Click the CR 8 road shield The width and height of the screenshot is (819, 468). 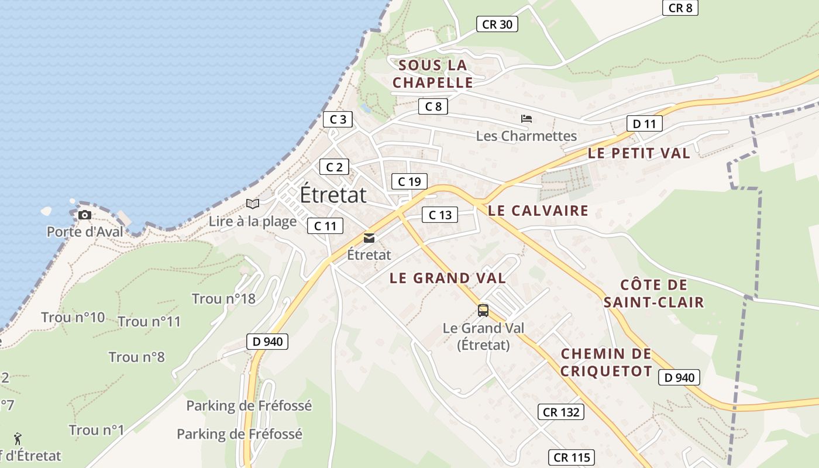[x=680, y=8]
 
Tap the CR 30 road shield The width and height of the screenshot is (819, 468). [x=497, y=24]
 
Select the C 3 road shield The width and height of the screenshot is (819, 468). [x=338, y=119]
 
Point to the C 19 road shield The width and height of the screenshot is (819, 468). [x=409, y=181]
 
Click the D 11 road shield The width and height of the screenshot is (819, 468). [x=645, y=123]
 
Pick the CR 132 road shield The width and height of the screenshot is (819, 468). [x=561, y=412]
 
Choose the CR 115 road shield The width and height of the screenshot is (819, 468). [x=572, y=457]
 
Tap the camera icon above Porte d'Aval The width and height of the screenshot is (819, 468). [x=85, y=215]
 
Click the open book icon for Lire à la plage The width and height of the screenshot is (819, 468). [x=253, y=204]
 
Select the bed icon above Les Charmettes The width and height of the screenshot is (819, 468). [x=526, y=119]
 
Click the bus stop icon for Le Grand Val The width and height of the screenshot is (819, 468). [x=483, y=311]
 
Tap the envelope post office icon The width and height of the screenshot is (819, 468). [x=369, y=238]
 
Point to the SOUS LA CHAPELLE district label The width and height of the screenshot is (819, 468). [x=432, y=74]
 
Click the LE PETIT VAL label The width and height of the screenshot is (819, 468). [x=639, y=153]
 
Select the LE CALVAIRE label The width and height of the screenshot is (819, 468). [x=538, y=211]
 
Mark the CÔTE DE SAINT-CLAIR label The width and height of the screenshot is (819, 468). [x=653, y=294]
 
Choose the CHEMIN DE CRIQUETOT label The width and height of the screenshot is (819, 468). [x=606, y=362]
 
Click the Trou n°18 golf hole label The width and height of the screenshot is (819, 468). [x=223, y=299]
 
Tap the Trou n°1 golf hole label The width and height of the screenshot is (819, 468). [x=97, y=431]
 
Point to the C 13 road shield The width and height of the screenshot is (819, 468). [x=440, y=215]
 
